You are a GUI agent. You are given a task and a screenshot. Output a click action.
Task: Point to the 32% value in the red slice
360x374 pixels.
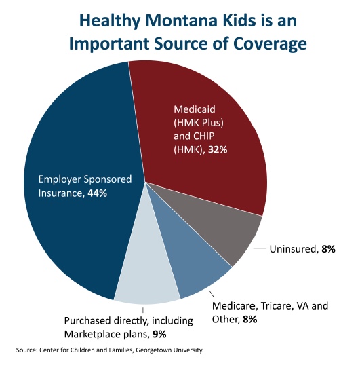[217, 149]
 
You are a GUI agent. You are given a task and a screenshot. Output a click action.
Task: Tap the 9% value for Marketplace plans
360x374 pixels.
[159, 333]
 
